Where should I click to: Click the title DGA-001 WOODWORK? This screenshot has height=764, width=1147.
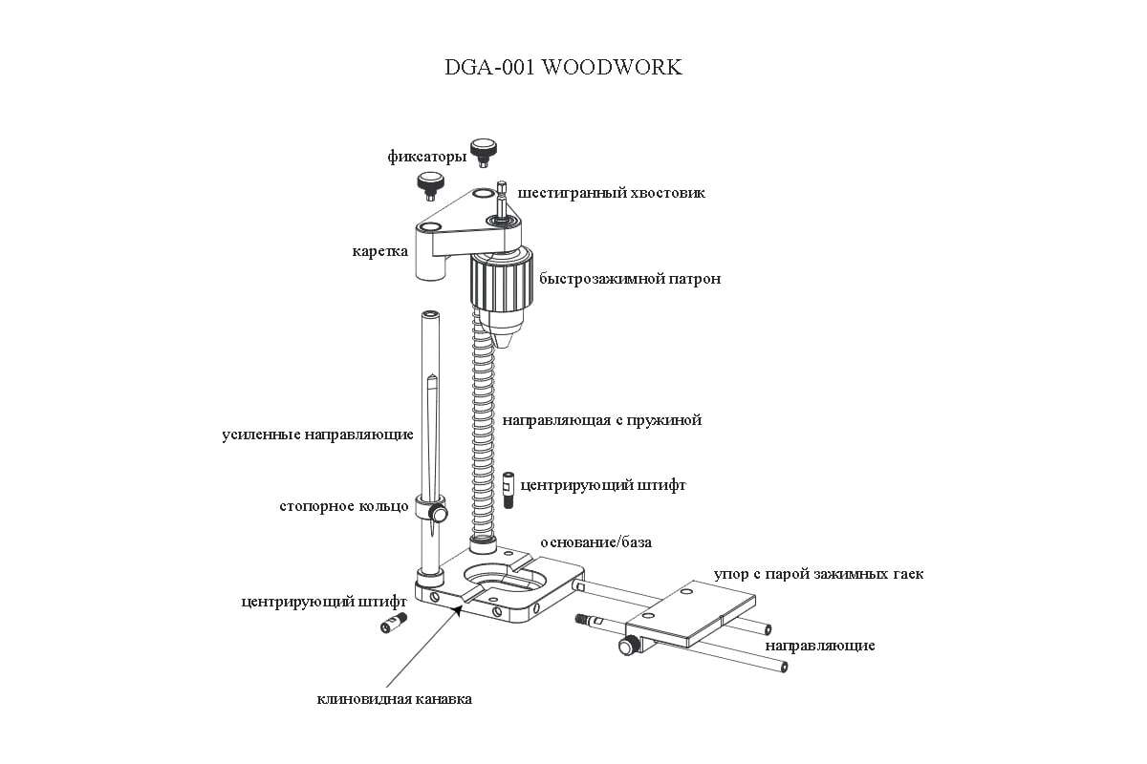point(563,67)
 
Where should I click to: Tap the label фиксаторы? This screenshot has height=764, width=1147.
point(427,156)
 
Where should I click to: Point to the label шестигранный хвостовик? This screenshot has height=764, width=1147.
point(611,193)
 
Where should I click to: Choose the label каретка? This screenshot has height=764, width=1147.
point(380,251)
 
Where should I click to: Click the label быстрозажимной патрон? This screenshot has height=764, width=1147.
point(630,279)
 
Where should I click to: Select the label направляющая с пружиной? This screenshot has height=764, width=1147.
point(601,420)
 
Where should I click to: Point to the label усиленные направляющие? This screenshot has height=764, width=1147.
point(317,435)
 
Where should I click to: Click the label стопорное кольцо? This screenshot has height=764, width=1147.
point(343,506)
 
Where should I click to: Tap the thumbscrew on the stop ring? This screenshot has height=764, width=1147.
point(439,513)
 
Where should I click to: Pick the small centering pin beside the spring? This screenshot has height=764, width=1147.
point(509,490)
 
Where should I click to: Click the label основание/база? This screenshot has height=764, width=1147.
point(596,541)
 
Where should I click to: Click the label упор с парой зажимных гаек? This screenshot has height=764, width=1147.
point(819,574)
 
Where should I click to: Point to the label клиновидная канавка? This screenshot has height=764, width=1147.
point(394,699)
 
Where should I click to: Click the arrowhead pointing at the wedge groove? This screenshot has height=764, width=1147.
point(458,609)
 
